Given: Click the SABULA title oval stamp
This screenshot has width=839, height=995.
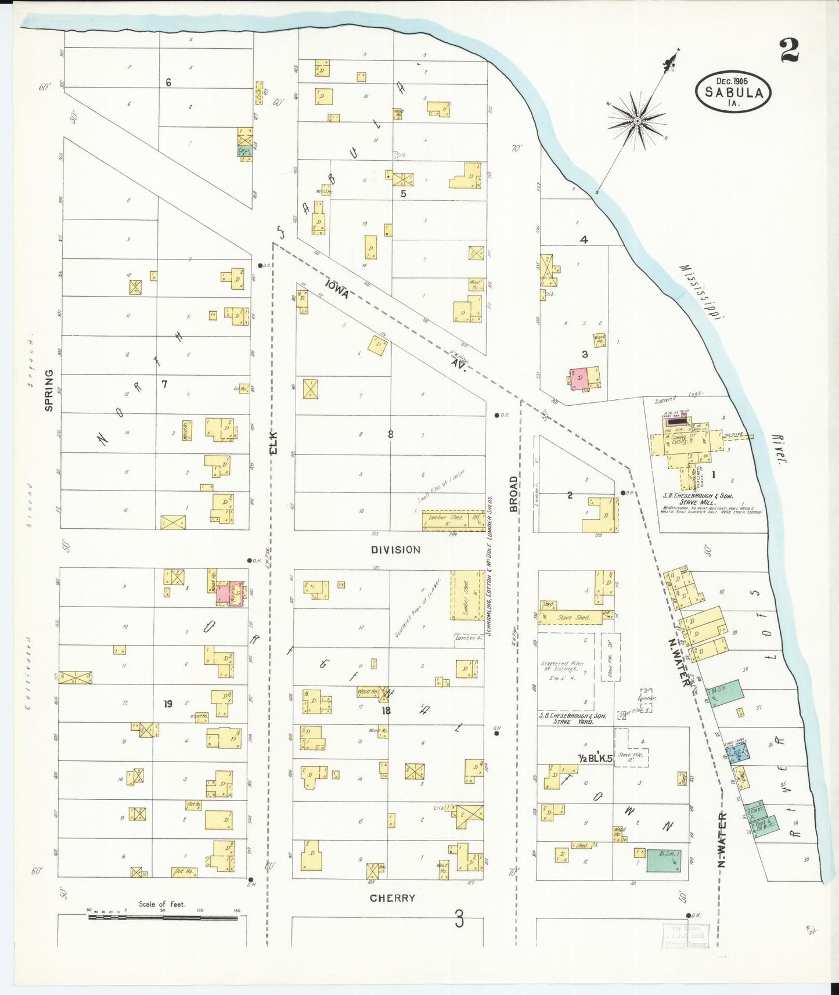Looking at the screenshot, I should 733,92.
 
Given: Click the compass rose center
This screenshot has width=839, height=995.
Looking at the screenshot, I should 637,121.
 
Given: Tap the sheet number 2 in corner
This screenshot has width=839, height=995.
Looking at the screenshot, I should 789,50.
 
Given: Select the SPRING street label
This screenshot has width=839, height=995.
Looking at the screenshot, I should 49,390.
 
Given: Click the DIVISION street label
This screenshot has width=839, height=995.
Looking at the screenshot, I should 395,549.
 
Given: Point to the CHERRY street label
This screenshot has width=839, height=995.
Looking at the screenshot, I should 393,898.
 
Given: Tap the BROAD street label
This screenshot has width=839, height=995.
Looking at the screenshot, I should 513,494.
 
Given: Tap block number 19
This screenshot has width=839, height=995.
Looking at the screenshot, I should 168,704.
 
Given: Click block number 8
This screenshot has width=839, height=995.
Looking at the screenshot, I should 390,434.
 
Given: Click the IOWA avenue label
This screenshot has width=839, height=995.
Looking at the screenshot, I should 337,289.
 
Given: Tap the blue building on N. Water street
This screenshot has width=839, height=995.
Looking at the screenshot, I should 736,753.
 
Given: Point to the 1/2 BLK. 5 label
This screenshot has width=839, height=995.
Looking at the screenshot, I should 596,758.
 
